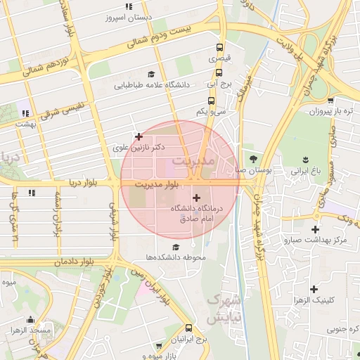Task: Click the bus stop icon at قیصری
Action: click(x=221, y=48)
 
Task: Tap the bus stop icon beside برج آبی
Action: click(x=211, y=82)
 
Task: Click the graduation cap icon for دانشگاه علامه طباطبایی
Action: click(x=151, y=74)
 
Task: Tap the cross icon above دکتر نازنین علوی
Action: click(x=139, y=136)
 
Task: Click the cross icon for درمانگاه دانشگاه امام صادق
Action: click(x=196, y=198)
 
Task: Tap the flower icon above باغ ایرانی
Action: click(x=307, y=159)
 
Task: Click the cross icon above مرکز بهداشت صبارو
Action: click(x=315, y=229)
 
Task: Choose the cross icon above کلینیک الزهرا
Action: click(x=314, y=288)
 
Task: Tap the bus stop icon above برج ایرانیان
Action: click(x=188, y=328)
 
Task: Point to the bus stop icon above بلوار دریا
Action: click(x=32, y=191)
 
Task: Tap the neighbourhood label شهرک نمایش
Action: click(x=224, y=308)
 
